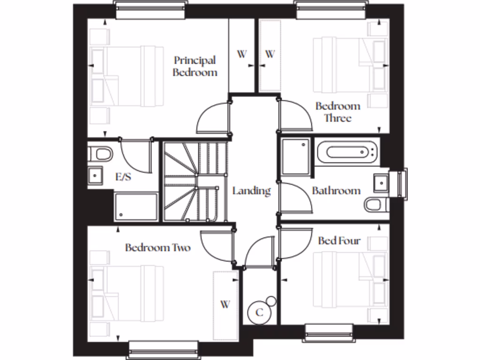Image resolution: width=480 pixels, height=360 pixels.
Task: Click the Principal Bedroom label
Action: [x=195, y=66]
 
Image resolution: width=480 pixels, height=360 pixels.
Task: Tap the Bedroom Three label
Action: [x=337, y=112]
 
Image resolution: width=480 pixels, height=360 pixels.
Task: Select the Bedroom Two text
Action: [x=157, y=247]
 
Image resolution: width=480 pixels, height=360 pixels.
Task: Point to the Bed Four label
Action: [x=339, y=240]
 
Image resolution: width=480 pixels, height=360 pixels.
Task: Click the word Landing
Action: [x=252, y=191]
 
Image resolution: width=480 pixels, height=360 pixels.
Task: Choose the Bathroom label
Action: [x=336, y=191]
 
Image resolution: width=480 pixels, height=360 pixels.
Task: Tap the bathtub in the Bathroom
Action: [x=346, y=152]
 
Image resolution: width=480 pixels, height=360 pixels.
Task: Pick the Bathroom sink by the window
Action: [x=381, y=182]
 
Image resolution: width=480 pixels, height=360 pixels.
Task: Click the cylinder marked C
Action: [x=260, y=312]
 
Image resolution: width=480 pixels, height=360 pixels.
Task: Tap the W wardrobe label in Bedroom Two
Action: [x=225, y=304]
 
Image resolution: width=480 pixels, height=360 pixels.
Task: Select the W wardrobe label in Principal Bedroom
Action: [x=241, y=54]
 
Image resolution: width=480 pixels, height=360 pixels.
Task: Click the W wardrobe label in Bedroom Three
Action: [x=270, y=54]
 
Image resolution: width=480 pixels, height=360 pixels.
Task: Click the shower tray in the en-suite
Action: [x=136, y=206]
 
